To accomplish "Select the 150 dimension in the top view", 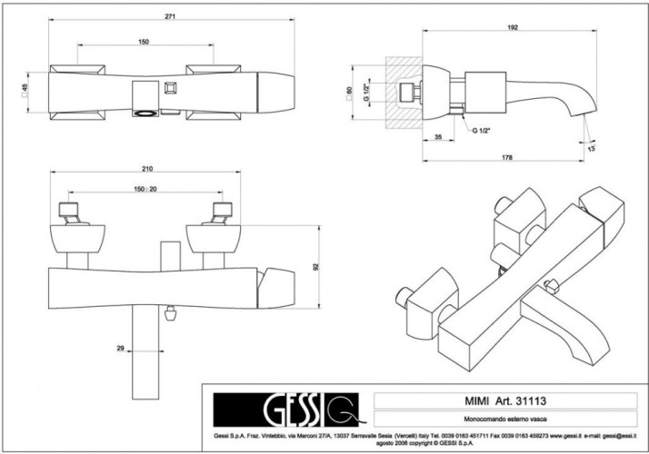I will click(x=145, y=43).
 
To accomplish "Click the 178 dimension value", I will click(x=506, y=157).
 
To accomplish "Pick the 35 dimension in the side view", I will click(x=438, y=136).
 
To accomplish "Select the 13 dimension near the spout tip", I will click(x=592, y=147).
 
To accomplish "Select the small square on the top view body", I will click(x=168, y=88).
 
